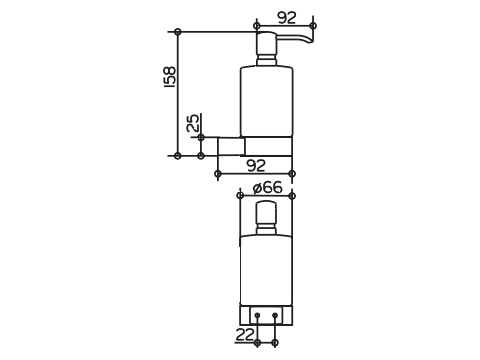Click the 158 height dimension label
click(170, 77)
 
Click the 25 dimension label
click(193, 123)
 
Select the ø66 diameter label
click(267, 188)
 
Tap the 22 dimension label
click(245, 334)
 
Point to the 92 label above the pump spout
click(287, 18)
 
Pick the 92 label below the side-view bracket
click(256, 165)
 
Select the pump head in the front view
click(266, 213)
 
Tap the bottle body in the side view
click(267, 102)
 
